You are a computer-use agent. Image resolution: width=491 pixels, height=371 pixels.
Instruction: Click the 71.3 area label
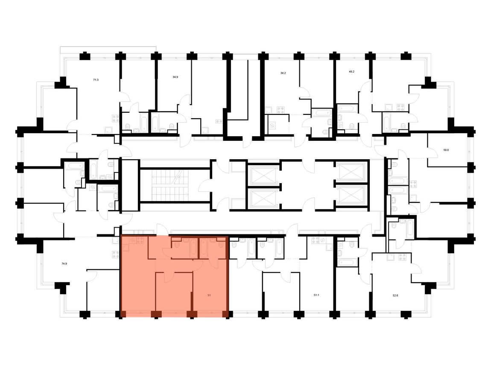pos(96,80)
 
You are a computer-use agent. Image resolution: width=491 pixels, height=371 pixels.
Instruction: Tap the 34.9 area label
pos(175,77)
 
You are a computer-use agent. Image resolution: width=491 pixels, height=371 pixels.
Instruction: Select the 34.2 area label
pos(283,73)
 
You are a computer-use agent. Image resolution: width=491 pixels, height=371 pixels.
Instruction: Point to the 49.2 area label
pos(351,72)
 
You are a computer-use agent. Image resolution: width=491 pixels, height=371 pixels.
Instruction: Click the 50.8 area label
pos(446,150)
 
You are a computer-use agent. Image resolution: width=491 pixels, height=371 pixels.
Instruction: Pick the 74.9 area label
pos(64,263)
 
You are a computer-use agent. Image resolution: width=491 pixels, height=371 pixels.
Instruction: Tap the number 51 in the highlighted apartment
pos(209,295)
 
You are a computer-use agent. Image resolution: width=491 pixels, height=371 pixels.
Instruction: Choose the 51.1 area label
pos(316,295)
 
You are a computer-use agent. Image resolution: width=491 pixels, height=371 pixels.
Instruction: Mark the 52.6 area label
pos(395,295)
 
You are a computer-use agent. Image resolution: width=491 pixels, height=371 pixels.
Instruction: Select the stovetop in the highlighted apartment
pos(140,240)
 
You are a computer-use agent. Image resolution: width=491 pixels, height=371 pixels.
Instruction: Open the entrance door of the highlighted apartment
pos(162,230)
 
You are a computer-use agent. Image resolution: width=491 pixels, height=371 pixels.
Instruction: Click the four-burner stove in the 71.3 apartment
pos(116,118)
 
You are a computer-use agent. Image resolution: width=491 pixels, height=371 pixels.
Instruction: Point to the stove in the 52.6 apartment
pos(402,257)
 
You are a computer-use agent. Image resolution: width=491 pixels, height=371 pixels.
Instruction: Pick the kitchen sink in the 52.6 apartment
pos(391,257)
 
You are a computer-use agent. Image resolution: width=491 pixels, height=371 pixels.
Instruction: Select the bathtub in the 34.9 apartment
pos(155,123)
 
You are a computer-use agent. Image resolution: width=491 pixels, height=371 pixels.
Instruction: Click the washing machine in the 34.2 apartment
pos(272,126)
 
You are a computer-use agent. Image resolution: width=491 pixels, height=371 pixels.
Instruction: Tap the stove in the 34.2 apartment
pos(280,110)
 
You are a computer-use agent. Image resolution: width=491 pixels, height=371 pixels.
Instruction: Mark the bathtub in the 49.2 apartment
pos(347,108)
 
